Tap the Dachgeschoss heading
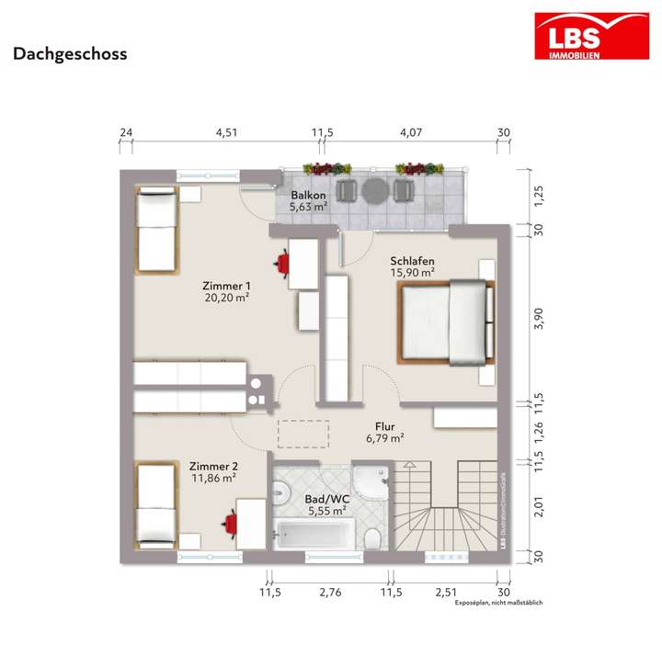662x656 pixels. pyautogui.click(x=70, y=53)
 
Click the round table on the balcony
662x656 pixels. pyautogui.click(x=374, y=190)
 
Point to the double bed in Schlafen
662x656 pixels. pyautogui.click(x=444, y=322)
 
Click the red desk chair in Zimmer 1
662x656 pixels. pyautogui.click(x=280, y=263)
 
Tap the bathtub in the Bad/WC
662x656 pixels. pyautogui.click(x=313, y=533)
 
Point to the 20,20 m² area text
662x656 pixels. pyautogui.click(x=226, y=298)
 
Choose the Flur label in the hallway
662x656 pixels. pyautogui.click(x=385, y=426)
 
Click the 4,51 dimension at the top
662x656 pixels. pyautogui.click(x=226, y=133)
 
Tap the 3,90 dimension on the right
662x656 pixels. pyautogui.click(x=541, y=317)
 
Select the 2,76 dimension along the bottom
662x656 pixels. pyautogui.click(x=330, y=594)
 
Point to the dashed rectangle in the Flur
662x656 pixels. pyautogui.click(x=303, y=433)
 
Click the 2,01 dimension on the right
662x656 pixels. pyautogui.click(x=541, y=505)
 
